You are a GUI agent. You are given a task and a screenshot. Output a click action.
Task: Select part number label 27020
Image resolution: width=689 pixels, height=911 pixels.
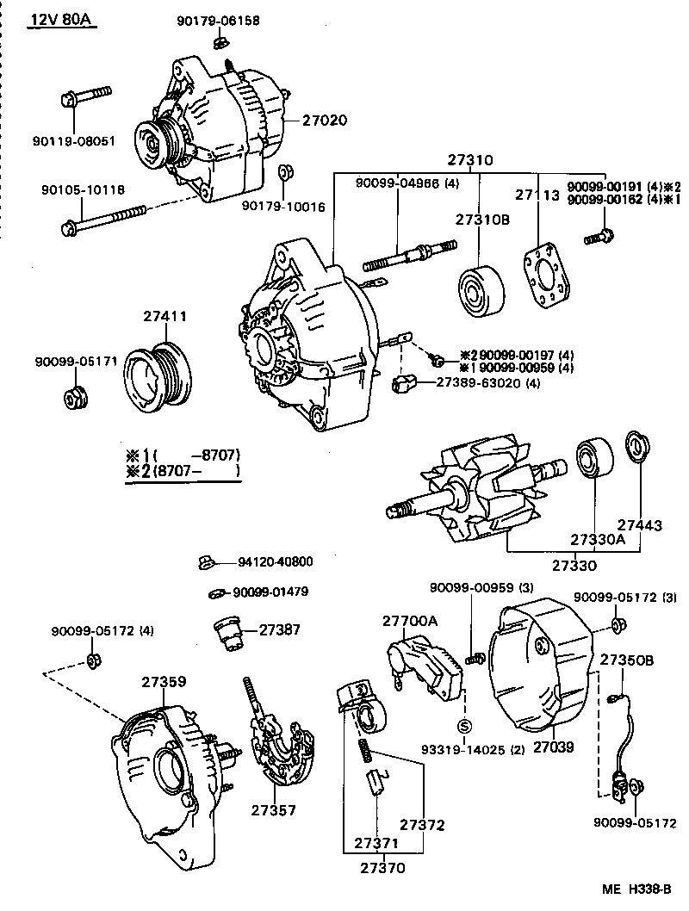click(x=324, y=121)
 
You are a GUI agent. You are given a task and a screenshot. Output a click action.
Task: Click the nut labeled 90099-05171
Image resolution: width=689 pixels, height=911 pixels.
click(x=74, y=400)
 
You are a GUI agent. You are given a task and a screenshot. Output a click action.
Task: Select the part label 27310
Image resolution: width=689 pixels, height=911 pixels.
click(x=469, y=160)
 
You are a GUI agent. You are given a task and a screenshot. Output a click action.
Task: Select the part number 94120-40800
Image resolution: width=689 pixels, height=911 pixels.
click(x=275, y=562)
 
